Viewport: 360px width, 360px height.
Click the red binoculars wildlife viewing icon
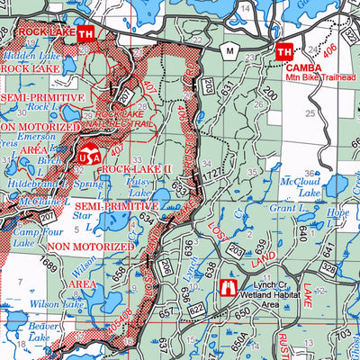(x=227, y=289)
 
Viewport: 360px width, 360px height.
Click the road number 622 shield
(x=197, y=309)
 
